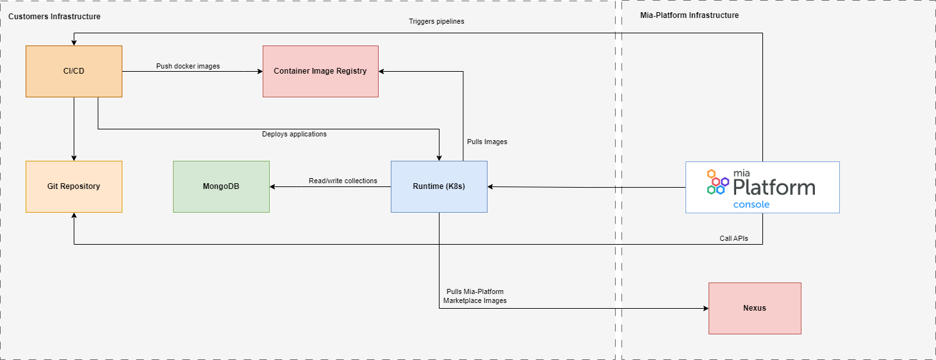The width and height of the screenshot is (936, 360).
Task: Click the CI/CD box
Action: click(x=74, y=71)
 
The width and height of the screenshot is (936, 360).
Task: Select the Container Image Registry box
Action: click(x=320, y=71)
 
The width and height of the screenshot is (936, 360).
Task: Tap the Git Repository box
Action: click(x=74, y=186)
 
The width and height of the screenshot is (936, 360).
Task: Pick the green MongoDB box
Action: click(x=221, y=186)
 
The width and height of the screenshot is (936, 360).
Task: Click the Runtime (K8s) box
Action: click(x=439, y=186)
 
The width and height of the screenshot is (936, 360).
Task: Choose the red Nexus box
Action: click(x=755, y=308)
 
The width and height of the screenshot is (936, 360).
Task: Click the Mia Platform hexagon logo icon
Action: click(x=716, y=182)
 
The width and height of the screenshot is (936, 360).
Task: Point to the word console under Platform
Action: click(x=751, y=204)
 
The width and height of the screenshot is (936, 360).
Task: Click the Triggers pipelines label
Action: click(x=436, y=21)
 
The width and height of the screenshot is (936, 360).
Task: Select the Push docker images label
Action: click(x=188, y=66)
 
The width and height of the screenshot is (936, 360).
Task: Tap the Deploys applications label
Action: click(x=294, y=134)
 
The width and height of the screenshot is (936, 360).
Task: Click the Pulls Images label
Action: click(x=487, y=142)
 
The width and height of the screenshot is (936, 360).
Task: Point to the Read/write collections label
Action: click(x=343, y=181)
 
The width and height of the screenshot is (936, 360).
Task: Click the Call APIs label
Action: click(x=733, y=238)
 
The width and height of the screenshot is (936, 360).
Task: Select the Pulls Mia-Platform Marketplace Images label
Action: click(x=475, y=296)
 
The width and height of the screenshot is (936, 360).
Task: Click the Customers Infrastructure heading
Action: click(x=54, y=16)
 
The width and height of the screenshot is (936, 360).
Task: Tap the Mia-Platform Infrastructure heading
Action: click(x=689, y=15)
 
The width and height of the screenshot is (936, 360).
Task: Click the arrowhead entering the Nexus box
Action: click(x=705, y=308)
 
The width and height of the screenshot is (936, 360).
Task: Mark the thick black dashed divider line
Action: click(x=618, y=192)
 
